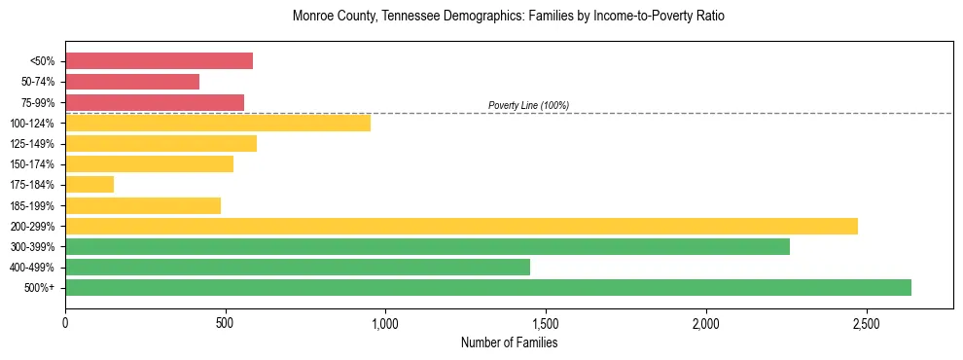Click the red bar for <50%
pyautogui.click(x=159, y=61)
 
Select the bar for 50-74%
pyautogui.click(x=132, y=82)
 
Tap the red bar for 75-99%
pyautogui.click(x=155, y=102)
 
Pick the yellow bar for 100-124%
pyautogui.click(x=218, y=123)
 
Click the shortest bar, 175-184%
pyautogui.click(x=89, y=185)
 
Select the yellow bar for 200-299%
pyautogui.click(x=461, y=226)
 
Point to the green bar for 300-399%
pyautogui.click(x=427, y=246)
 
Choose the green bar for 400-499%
pyautogui.click(x=298, y=267)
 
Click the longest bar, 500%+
pyautogui.click(x=488, y=287)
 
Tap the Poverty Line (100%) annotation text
pyautogui.click(x=528, y=105)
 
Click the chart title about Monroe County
pyautogui.click(x=508, y=17)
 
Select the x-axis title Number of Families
pyautogui.click(x=508, y=342)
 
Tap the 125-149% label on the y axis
pyautogui.click(x=32, y=144)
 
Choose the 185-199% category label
pyautogui.click(x=32, y=205)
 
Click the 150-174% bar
pyautogui.click(x=149, y=164)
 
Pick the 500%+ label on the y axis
pyautogui.click(x=38, y=288)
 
